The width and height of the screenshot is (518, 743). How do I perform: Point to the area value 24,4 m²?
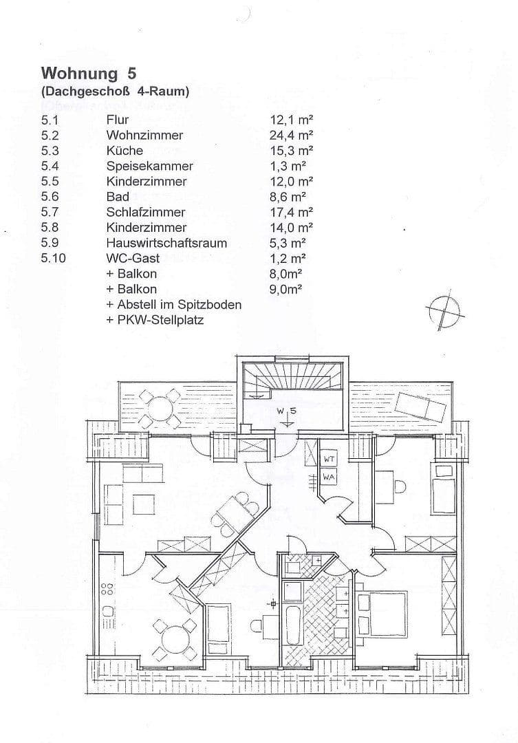point(291,135)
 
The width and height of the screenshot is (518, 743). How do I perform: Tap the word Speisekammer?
point(149,166)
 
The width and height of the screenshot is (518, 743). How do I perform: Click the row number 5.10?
point(54,258)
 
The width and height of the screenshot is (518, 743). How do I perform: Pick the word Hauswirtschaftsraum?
point(166,243)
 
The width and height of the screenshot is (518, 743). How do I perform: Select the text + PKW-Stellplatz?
point(155,320)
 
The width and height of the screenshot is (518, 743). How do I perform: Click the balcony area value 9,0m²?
point(286,289)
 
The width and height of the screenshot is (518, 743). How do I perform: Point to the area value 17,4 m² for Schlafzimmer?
point(291,212)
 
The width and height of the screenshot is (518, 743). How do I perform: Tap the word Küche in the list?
point(125,150)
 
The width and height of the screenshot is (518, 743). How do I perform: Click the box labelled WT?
point(329,459)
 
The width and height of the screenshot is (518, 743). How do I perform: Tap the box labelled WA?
point(329,475)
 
